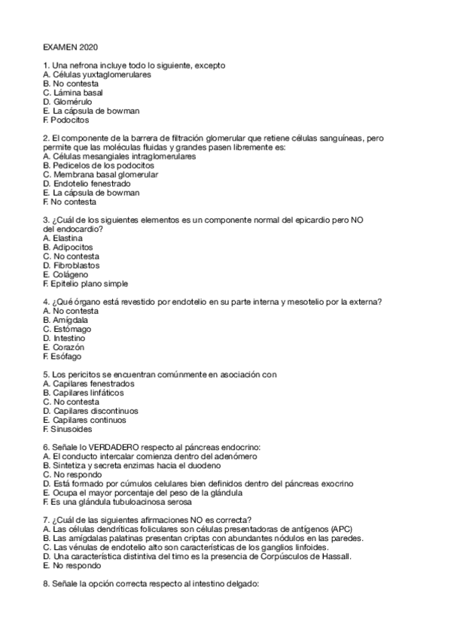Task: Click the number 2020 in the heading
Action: click(89, 47)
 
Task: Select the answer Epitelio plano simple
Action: click(90, 284)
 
